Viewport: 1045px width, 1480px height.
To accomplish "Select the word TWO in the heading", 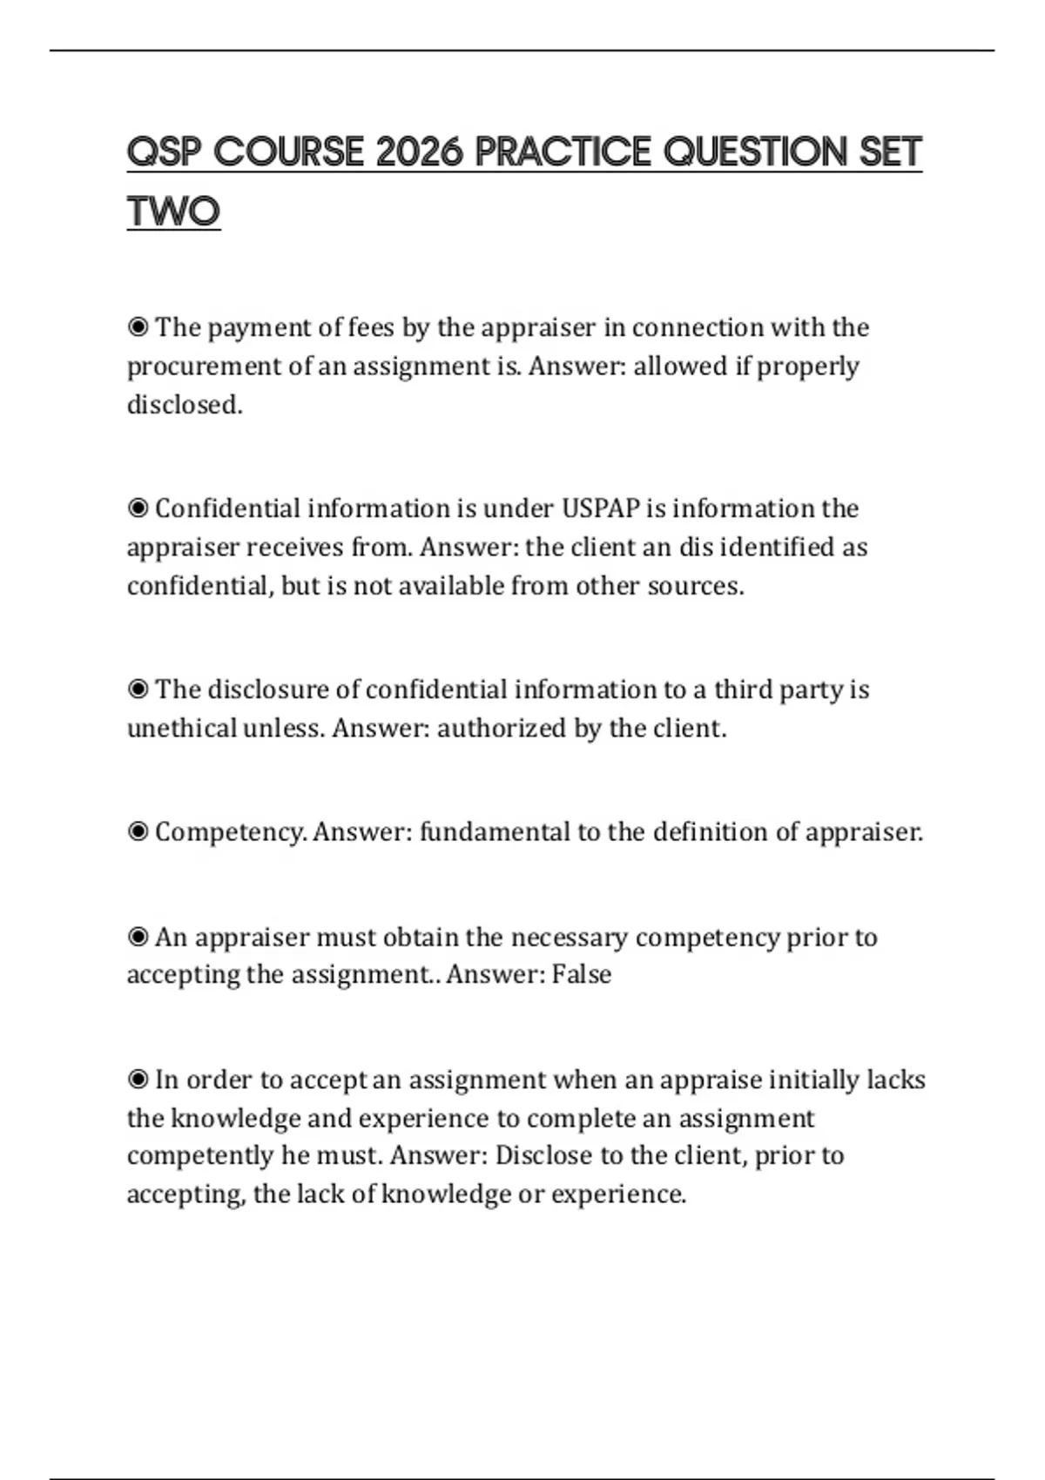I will point(173,212).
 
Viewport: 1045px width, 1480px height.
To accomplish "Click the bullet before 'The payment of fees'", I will point(138,327).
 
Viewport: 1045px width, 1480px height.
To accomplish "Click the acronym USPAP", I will point(601,508).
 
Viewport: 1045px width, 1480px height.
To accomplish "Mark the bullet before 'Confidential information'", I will point(138,508).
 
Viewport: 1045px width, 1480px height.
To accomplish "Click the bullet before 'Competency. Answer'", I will point(138,832).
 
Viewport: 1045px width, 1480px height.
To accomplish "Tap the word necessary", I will point(569,938).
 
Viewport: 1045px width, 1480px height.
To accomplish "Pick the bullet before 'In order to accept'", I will point(138,1080).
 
